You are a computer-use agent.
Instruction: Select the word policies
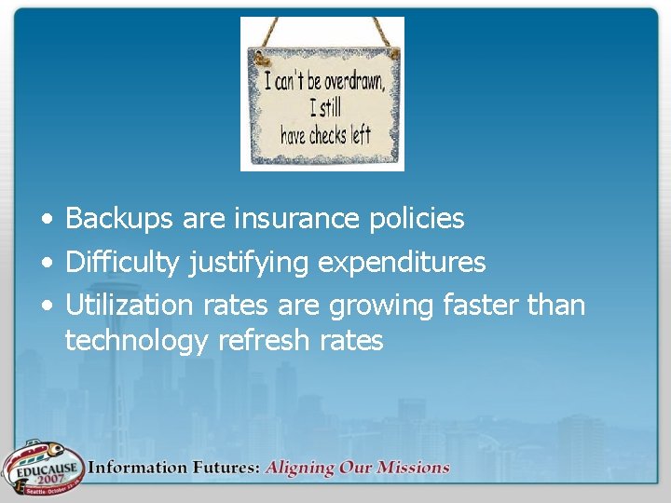click(417, 219)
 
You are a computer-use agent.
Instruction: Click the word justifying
click(249, 264)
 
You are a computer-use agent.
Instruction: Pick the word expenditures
click(402, 264)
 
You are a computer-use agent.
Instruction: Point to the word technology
click(137, 341)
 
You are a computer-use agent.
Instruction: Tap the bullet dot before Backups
click(45, 221)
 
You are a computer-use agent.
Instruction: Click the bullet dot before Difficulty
click(45, 265)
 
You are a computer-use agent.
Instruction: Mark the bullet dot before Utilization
click(45, 306)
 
